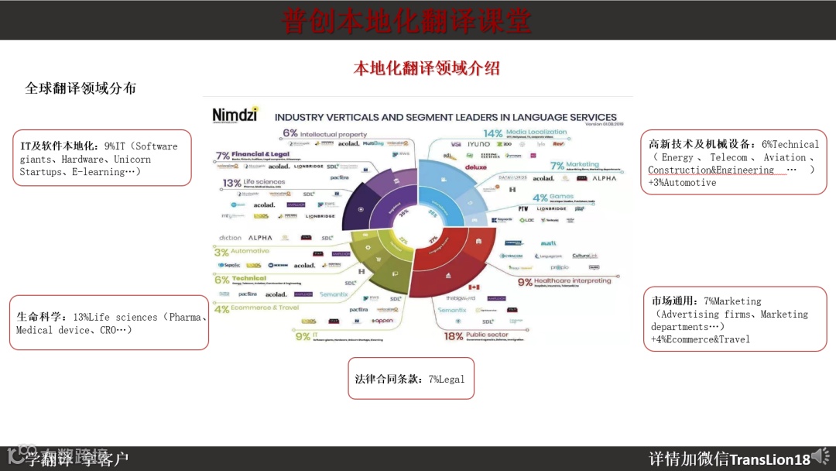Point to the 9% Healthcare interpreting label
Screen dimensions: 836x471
click(x=564, y=281)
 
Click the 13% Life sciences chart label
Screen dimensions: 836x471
click(x=254, y=183)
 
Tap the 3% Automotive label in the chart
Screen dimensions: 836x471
click(x=242, y=251)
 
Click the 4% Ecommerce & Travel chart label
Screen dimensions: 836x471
click(x=256, y=308)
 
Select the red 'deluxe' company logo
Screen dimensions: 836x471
click(x=476, y=167)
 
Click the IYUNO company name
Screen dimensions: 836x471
click(x=478, y=144)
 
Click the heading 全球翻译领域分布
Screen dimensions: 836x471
click(x=81, y=88)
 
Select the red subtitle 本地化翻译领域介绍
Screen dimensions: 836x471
click(x=427, y=68)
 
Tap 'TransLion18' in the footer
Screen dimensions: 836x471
click(x=769, y=459)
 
